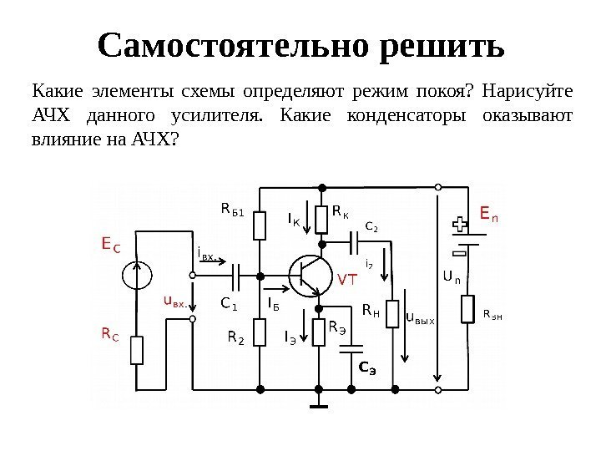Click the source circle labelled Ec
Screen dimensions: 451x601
[x=137, y=275]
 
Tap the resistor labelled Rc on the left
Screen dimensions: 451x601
[x=137, y=350]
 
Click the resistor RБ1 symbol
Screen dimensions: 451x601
[x=260, y=225]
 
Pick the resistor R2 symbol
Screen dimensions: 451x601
[x=260, y=336]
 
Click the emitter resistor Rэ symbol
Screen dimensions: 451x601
[x=319, y=332]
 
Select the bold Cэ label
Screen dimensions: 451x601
[x=367, y=366]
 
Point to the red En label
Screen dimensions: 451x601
[x=490, y=215]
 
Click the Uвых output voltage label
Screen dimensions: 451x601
[x=420, y=317]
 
